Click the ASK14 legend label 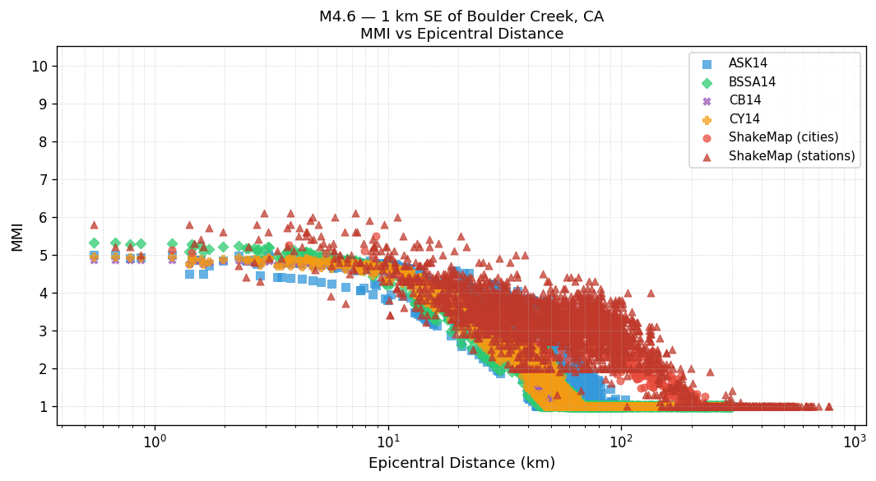(x=748, y=63)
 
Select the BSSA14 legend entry (x=752, y=82)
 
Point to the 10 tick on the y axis (x=39, y=66)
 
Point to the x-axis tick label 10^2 (x=621, y=442)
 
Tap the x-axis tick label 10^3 (x=854, y=442)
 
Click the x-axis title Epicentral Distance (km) (x=461, y=463)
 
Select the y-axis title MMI (x=17, y=236)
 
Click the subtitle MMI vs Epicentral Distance (x=461, y=35)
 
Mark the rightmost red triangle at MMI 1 (x=828, y=406)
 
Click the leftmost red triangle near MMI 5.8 (x=94, y=224)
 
